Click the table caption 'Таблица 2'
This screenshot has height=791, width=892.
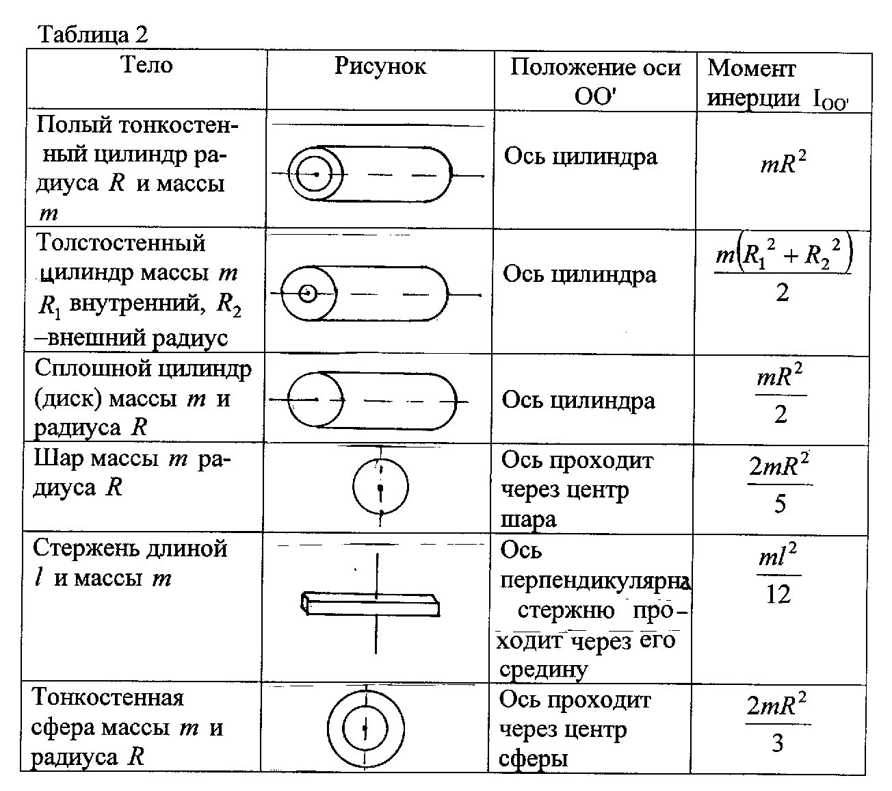click(x=93, y=34)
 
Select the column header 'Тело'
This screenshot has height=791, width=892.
click(x=146, y=65)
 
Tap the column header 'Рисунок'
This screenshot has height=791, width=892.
click(x=380, y=66)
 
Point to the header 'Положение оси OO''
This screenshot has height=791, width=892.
click(x=595, y=81)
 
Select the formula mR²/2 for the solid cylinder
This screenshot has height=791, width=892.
click(x=780, y=395)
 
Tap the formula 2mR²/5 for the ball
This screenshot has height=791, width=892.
click(x=780, y=484)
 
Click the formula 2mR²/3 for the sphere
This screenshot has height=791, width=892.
click(x=778, y=723)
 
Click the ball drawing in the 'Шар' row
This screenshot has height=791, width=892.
click(x=380, y=487)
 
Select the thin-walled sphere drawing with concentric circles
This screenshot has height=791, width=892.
click(x=366, y=727)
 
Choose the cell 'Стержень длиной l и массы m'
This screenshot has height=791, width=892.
click(x=130, y=563)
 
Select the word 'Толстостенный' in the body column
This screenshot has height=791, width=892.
click(x=120, y=244)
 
